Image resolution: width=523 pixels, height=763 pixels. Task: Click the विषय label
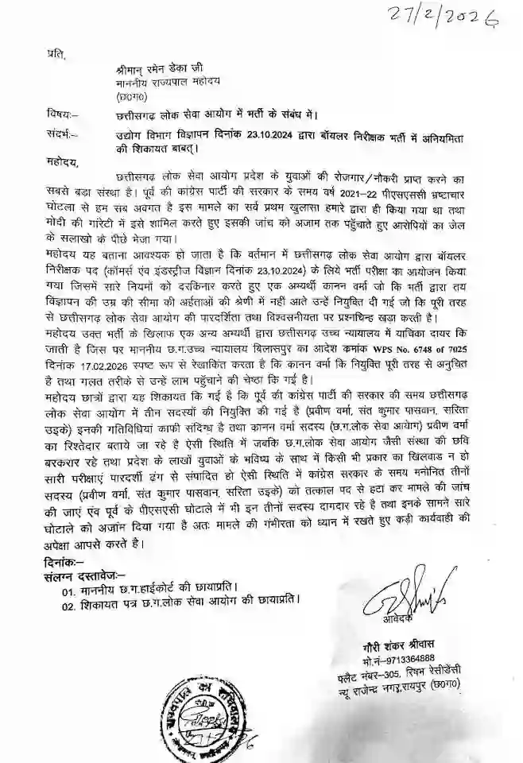[61, 115]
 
